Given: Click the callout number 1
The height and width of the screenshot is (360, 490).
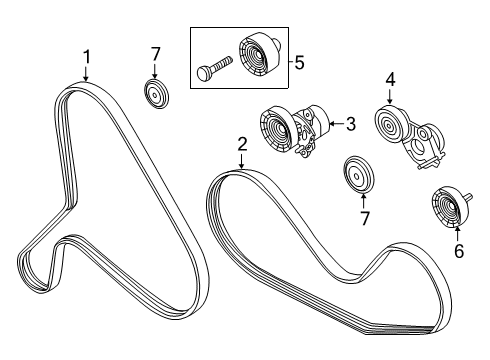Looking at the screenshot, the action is pos(86,57).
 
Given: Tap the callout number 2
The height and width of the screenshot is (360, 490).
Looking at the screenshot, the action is pos(242,145).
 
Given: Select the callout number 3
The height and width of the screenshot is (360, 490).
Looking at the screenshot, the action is pos(351,124).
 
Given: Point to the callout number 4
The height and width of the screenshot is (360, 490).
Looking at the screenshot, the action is pos(390,80).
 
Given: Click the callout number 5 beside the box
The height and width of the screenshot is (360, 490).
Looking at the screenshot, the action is pos(299,62).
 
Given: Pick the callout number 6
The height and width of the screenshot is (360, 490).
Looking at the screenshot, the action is pos(459,251).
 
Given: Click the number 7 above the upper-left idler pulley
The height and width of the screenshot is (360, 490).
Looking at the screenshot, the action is pos(155,55).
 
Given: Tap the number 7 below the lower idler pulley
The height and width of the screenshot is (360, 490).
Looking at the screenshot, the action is pos(365,219).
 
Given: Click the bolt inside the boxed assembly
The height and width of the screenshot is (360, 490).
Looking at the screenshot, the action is pos(214,68).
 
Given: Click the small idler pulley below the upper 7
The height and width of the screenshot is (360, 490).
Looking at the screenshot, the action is pos(156,94).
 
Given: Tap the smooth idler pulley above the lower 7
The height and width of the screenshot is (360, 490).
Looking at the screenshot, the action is pos(359,174).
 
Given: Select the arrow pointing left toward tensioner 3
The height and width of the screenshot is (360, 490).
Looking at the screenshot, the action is pos(337,124).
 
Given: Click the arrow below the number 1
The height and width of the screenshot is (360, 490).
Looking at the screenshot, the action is pos(86,73).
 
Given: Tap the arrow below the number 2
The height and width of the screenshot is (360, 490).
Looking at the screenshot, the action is pos(242,161).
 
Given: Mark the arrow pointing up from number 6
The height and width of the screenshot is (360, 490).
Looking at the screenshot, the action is pos(457,233).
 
